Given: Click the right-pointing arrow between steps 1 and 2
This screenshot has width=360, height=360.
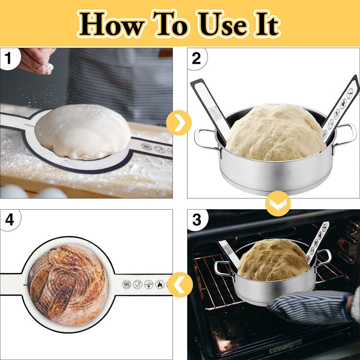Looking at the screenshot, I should (179, 122).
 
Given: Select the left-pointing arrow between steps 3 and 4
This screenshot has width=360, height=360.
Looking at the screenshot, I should (180, 284).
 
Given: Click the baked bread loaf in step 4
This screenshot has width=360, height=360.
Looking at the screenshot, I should (67, 285).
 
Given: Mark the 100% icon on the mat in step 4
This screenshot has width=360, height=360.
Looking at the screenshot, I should (127, 284).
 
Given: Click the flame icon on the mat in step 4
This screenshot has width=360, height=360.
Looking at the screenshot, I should (159, 284).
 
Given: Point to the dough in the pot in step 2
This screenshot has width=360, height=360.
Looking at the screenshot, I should (274, 133).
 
